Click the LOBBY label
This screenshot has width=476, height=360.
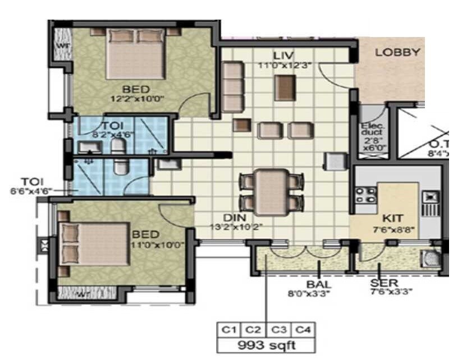[x=397, y=53]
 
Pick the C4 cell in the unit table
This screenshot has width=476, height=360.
[x=301, y=329]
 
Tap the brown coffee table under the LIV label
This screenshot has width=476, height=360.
[x=285, y=88]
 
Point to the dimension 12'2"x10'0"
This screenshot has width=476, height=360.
[x=136, y=99]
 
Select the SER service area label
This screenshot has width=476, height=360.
[x=384, y=284]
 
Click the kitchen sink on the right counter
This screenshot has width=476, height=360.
[x=431, y=199]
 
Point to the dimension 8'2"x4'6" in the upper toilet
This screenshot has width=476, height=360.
[x=112, y=135]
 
